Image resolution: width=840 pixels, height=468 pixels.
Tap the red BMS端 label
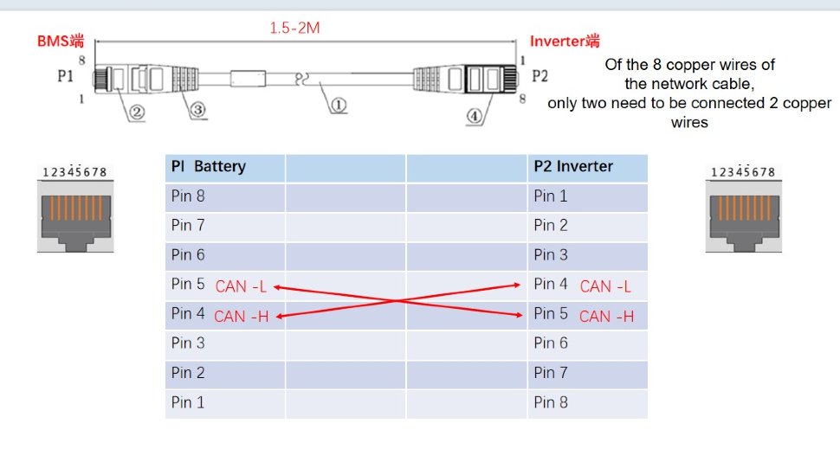60,41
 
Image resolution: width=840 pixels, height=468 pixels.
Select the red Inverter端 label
565,41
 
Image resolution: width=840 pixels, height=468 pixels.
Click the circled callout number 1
338,106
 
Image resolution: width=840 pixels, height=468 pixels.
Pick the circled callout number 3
197,110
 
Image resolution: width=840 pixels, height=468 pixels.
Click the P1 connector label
65,76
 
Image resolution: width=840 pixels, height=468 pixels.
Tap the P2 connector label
540,76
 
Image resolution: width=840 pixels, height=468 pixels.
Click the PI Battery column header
208,167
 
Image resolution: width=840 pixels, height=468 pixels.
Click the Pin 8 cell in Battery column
188,196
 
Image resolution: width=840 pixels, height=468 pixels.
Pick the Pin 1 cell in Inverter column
551,196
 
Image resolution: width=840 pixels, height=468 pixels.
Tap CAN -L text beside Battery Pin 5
241,286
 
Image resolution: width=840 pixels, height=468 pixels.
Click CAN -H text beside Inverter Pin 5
606,317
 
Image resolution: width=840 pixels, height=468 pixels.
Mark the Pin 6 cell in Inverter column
551,343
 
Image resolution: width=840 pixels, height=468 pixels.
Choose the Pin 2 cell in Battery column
188,373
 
